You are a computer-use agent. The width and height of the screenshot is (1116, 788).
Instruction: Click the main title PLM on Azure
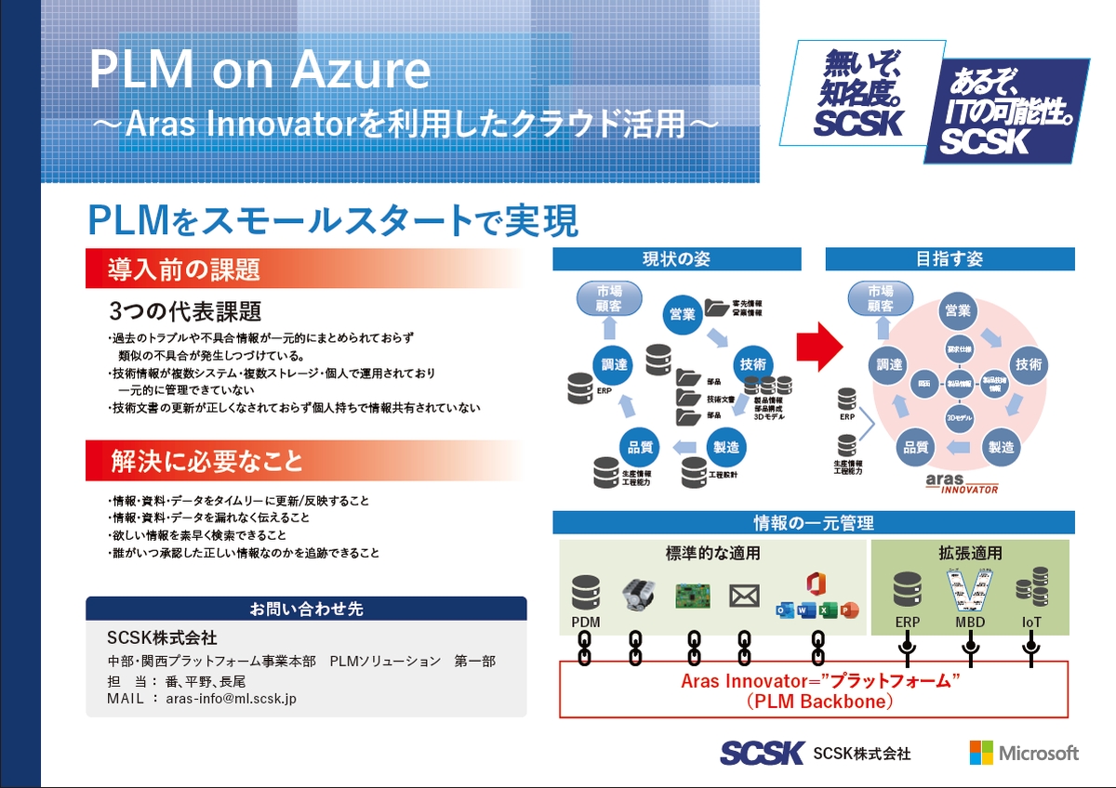pos(259,72)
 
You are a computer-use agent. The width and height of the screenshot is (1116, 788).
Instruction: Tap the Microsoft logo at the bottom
pos(1024,752)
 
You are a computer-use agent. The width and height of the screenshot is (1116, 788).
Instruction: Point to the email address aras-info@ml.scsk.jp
pos(231,698)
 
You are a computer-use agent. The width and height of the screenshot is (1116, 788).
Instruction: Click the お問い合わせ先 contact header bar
pos(306,609)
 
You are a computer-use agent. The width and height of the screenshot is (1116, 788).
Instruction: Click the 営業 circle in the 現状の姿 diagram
pos(683,314)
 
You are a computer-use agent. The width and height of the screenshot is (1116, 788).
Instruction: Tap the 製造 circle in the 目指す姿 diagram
pos(1001,447)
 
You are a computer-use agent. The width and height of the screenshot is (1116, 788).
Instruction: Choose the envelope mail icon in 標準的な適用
pos(744,596)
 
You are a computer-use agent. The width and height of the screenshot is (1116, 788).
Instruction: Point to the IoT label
pos(1031,622)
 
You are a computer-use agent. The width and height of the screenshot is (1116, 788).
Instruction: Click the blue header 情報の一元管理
pos(813,523)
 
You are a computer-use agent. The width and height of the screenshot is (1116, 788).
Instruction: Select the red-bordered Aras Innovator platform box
pos(813,689)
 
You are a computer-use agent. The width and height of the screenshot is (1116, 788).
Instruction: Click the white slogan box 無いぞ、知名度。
pos(861,94)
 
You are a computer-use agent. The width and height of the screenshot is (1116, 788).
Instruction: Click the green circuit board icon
pos(692,595)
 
